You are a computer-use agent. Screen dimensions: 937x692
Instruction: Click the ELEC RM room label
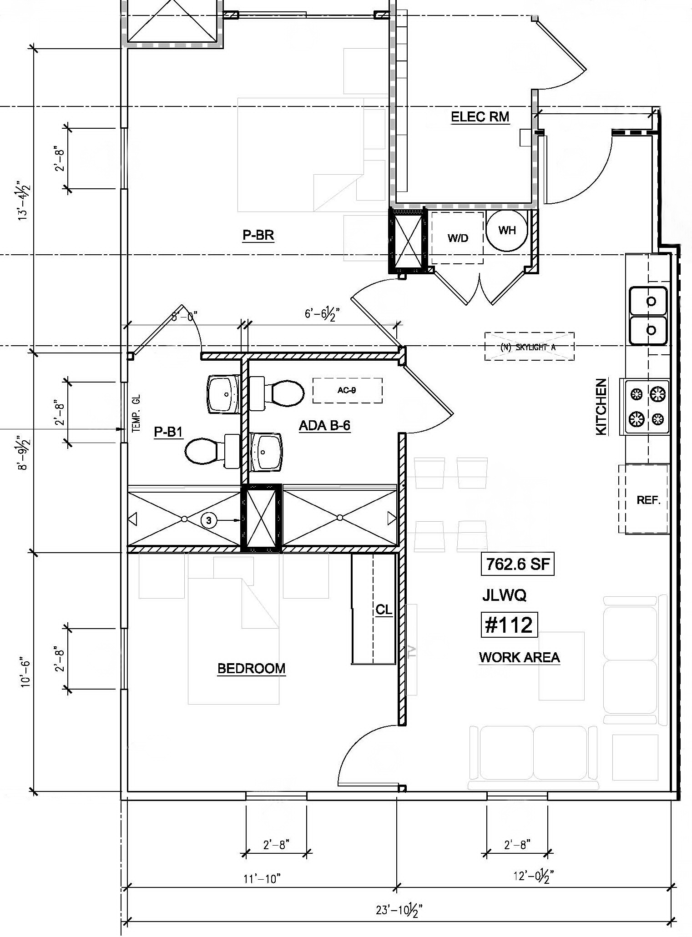coord(480,117)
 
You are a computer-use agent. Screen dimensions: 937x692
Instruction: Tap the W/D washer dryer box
coord(457,237)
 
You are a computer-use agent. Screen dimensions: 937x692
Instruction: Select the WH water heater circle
coord(507,230)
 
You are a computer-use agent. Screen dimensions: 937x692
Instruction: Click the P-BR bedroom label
coord(258,235)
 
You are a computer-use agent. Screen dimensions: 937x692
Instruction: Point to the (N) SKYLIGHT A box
coord(529,347)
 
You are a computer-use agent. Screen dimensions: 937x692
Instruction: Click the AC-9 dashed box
coord(347,390)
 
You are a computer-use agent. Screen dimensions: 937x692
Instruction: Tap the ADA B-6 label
coord(324,426)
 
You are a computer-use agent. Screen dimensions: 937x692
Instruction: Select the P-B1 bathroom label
coord(168,431)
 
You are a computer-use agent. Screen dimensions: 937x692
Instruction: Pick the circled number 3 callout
coord(209,520)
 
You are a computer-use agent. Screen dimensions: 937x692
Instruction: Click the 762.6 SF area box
coord(517,564)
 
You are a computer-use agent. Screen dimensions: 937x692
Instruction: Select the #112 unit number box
coord(509,625)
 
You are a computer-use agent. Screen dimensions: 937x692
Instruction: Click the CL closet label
coord(384,610)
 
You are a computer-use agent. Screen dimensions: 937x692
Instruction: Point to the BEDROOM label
coord(251,668)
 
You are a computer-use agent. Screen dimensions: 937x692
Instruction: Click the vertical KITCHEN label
coord(601,407)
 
